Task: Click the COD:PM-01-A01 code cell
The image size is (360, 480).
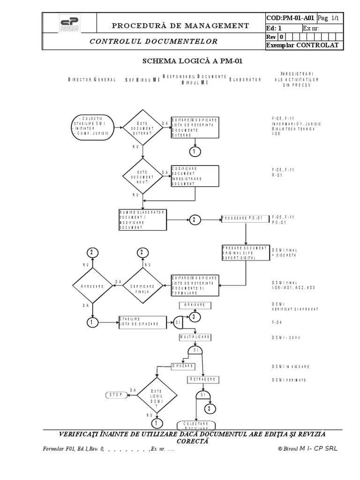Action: coord(290,18)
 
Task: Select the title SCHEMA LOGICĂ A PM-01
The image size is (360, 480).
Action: coord(192,61)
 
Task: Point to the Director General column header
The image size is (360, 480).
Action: coord(92,80)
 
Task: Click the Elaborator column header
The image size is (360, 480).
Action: coord(245,80)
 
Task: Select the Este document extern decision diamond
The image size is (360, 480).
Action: coord(142,127)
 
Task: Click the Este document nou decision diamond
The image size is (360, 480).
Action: coord(142,177)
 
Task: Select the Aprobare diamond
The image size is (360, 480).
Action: coord(92,285)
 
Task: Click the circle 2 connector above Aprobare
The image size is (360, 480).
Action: coord(92,253)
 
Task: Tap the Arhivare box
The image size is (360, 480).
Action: coord(195,305)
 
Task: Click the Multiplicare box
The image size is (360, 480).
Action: coord(195,337)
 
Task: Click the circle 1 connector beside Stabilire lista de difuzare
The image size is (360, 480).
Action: coord(92,322)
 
